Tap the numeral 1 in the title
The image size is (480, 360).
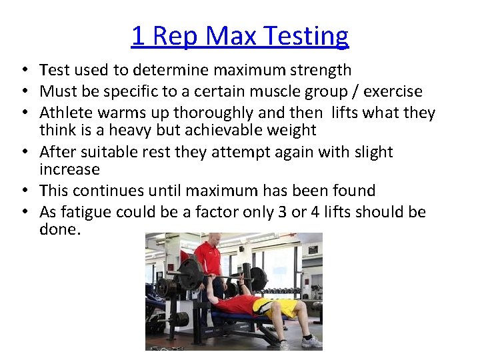138,35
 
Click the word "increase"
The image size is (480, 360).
69,169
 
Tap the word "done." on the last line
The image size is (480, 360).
60,229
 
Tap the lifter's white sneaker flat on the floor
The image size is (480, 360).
311,342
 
